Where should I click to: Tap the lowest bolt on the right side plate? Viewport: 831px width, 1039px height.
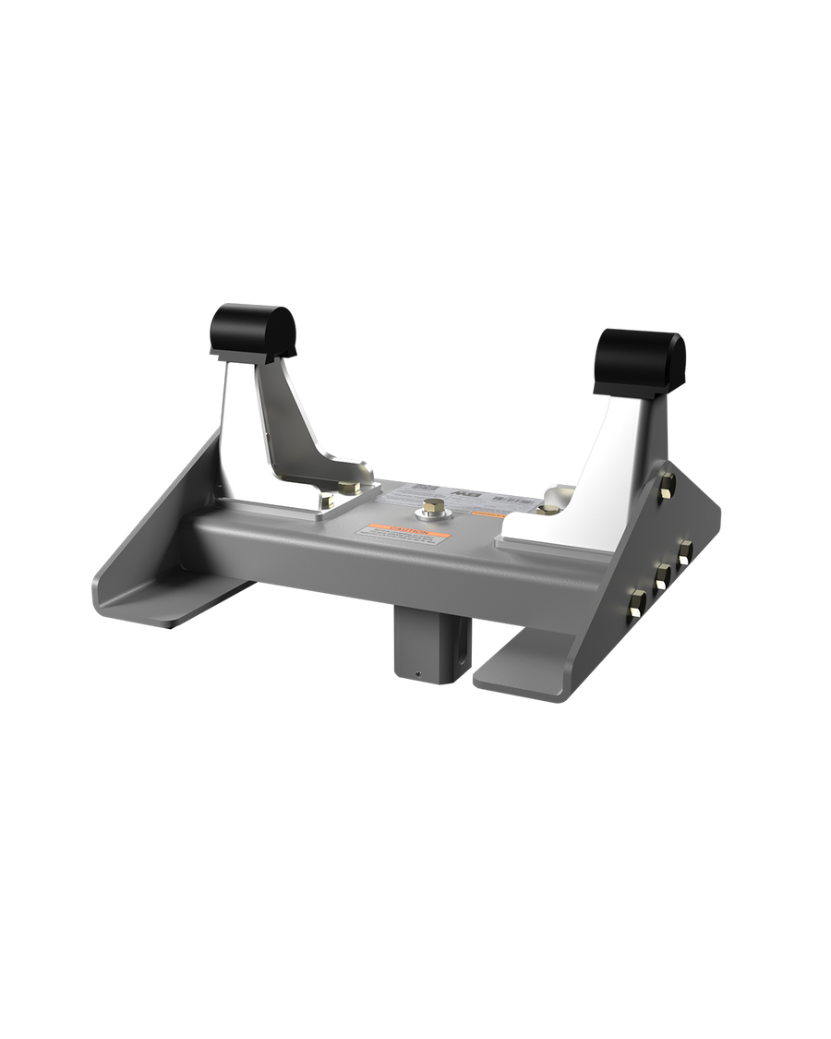(636, 605)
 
